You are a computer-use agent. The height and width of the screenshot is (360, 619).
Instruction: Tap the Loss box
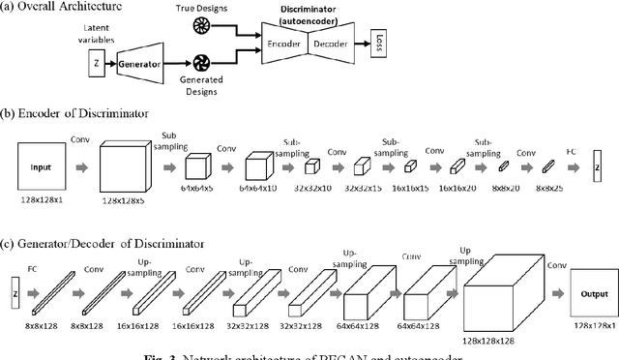[380, 44]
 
